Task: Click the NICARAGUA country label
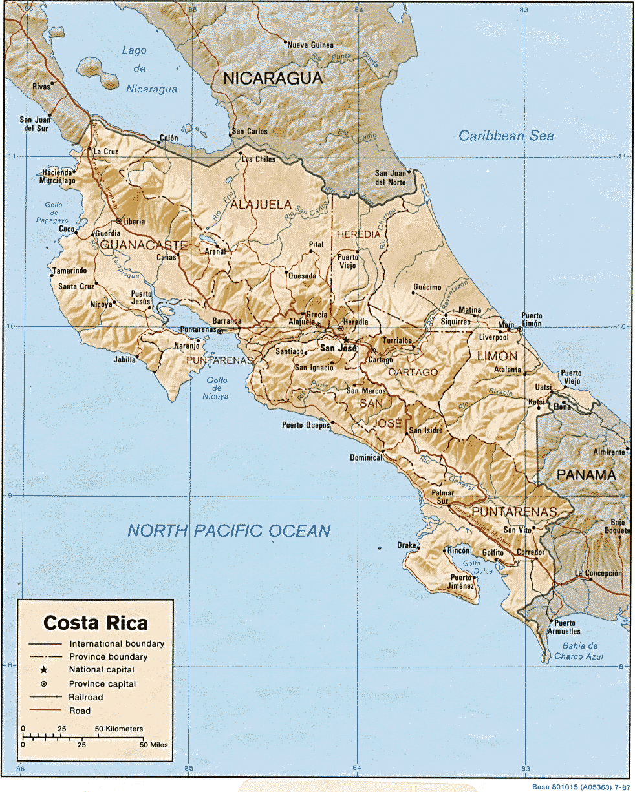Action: pyautogui.click(x=272, y=79)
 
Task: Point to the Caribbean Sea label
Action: pyautogui.click(x=506, y=136)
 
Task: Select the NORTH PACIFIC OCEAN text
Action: pyautogui.click(x=229, y=531)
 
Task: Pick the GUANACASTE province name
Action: pyautogui.click(x=144, y=245)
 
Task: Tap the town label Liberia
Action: pyautogui.click(x=134, y=222)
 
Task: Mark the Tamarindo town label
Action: pyautogui.click(x=72, y=271)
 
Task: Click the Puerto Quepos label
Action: pyautogui.click(x=305, y=425)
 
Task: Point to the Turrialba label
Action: pyautogui.click(x=398, y=340)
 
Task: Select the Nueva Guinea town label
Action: pyautogui.click(x=310, y=45)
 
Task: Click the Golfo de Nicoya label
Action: pyautogui.click(x=217, y=388)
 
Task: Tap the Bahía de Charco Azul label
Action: pyautogui.click(x=579, y=651)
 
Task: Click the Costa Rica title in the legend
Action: pyautogui.click(x=96, y=623)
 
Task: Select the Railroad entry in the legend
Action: pyautogui.click(x=86, y=697)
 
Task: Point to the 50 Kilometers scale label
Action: pyautogui.click(x=120, y=729)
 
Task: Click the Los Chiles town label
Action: pyautogui.click(x=258, y=159)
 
